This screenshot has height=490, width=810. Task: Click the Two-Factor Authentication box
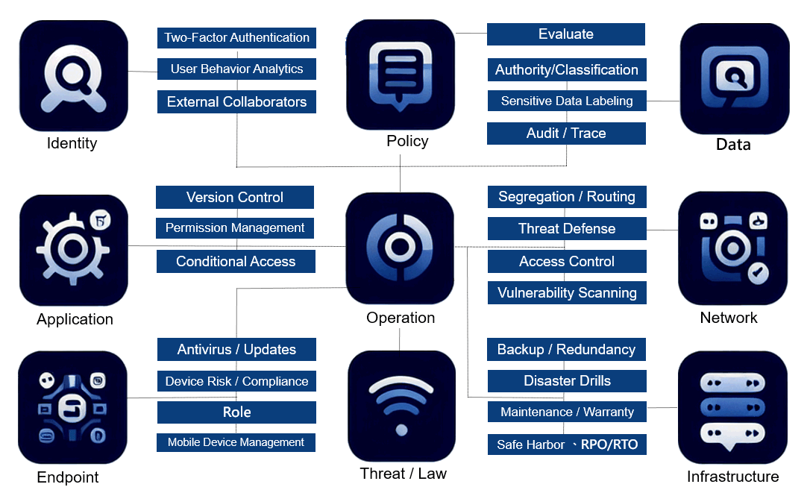click(x=236, y=37)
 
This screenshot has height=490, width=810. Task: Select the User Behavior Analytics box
click(x=236, y=69)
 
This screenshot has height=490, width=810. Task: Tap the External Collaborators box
click(x=236, y=102)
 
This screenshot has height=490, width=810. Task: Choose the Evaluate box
click(x=565, y=34)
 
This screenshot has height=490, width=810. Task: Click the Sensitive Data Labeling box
click(x=566, y=101)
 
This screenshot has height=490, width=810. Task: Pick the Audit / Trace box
click(x=566, y=134)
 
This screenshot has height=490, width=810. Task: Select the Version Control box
click(x=235, y=198)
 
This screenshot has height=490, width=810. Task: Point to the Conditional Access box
click(x=236, y=262)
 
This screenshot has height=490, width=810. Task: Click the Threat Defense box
click(x=567, y=229)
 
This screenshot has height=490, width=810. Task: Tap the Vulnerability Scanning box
click(x=567, y=293)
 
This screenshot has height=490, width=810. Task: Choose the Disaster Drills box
click(x=567, y=381)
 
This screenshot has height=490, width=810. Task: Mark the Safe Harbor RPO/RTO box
click(x=567, y=445)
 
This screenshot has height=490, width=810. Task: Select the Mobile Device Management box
click(x=236, y=442)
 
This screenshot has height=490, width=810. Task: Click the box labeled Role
click(x=236, y=412)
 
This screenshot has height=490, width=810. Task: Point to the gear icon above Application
click(x=73, y=249)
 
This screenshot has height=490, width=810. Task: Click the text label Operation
click(x=401, y=318)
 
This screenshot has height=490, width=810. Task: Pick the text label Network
click(x=729, y=318)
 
